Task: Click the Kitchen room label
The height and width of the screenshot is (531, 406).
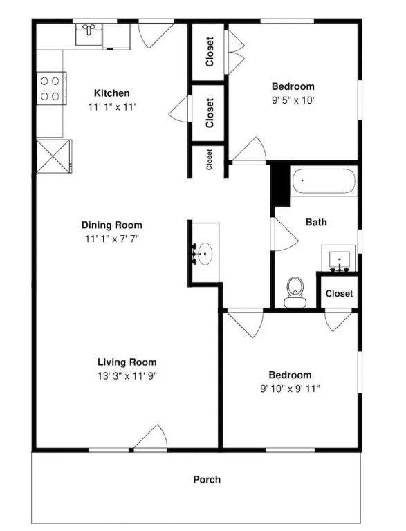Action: coord(111,93)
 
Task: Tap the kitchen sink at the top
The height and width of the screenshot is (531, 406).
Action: coord(89,34)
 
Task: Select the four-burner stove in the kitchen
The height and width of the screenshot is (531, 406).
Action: coord(51,88)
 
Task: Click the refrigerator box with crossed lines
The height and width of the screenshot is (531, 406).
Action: coord(54,156)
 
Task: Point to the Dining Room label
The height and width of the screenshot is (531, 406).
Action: coord(112,225)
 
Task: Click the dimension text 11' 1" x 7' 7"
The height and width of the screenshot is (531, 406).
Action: coord(112,239)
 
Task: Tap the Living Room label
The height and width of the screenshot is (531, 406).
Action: coord(127,362)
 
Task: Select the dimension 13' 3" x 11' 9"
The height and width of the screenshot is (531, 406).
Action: coord(127,376)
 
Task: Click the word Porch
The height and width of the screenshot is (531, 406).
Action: coord(207,480)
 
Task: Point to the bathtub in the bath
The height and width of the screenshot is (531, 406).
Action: coord(324,181)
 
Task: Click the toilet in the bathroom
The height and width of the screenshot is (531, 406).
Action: coord(295,292)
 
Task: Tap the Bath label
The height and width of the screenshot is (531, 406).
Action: coord(316,222)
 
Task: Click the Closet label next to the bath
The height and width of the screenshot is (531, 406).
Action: coord(339,293)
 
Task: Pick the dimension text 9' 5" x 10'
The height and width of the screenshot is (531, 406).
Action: coord(293,100)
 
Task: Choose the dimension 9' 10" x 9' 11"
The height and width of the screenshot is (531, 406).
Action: coord(290,389)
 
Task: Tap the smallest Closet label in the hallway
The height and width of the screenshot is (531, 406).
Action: coord(209,160)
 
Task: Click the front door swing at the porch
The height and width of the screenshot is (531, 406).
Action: coord(151,437)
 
